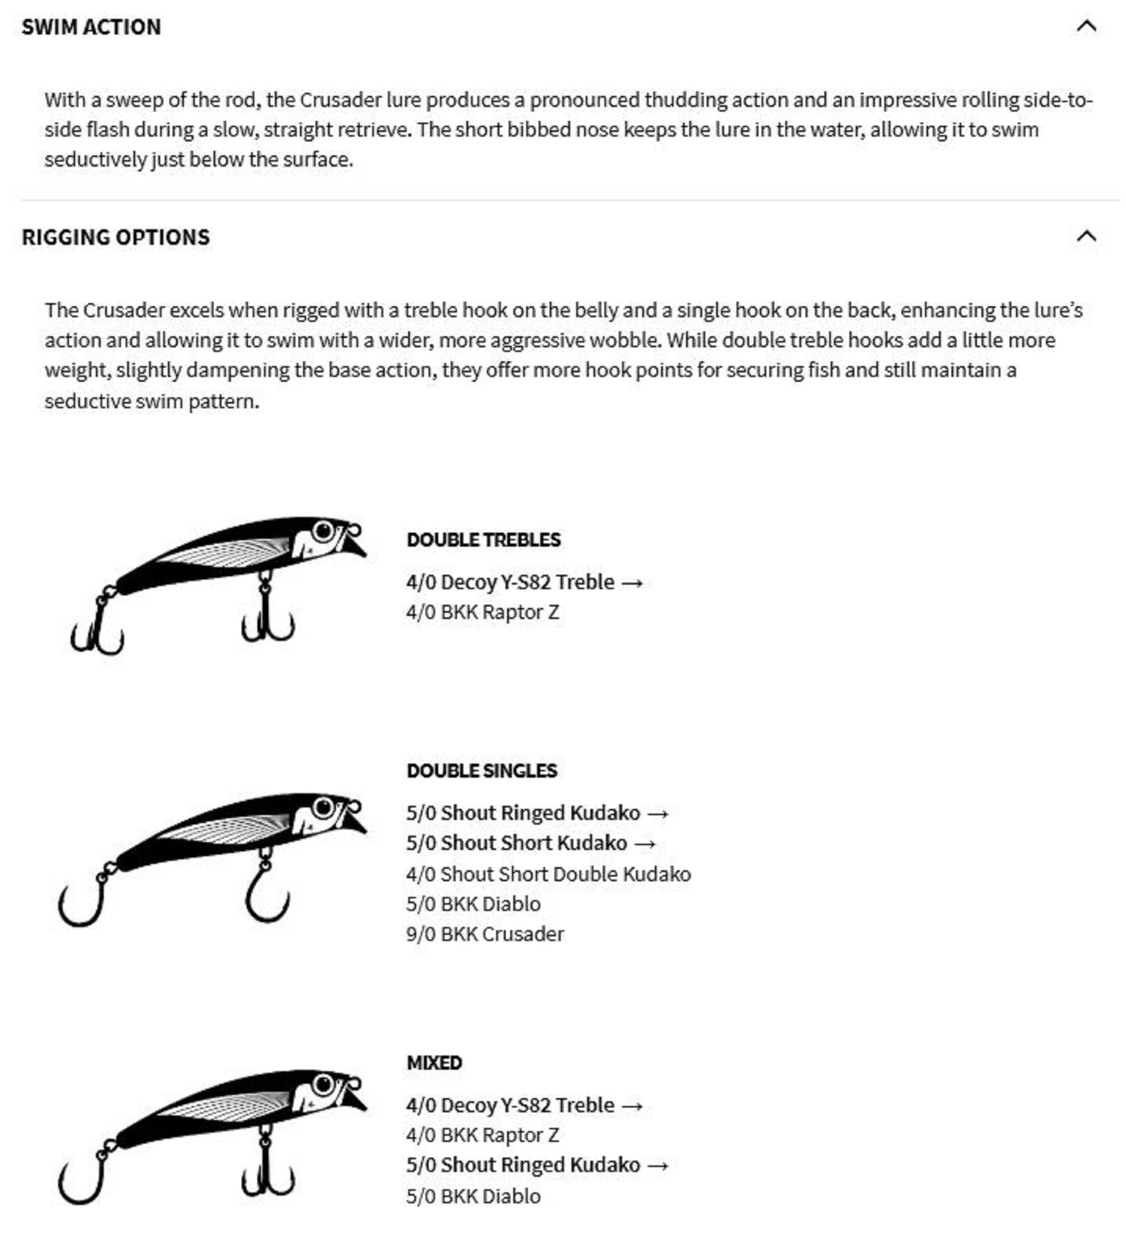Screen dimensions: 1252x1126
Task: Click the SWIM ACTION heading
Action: tap(91, 27)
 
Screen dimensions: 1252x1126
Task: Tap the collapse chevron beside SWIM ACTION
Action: tap(1086, 26)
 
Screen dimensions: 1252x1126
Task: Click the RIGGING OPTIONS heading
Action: tap(116, 237)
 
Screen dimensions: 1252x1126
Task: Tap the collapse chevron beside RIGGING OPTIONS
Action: tap(1086, 237)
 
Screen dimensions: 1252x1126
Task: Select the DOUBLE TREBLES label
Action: tap(483, 540)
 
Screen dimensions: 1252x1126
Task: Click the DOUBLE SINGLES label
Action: tap(481, 770)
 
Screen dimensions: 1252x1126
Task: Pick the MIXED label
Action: tap(434, 1062)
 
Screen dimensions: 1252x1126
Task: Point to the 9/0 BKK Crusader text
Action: tap(484, 933)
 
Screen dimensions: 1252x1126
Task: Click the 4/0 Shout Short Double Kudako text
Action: tap(548, 873)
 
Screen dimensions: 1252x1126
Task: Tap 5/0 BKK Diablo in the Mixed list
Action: tap(473, 1196)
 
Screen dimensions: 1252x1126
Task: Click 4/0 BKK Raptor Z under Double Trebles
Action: tap(483, 612)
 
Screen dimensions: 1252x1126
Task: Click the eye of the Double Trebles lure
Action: tap(324, 531)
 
